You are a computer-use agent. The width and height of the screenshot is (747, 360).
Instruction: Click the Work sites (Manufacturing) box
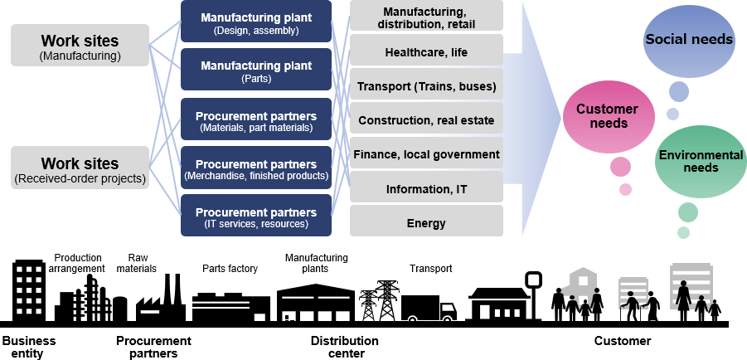(x=80, y=46)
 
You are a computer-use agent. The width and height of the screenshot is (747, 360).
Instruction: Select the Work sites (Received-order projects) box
(x=80, y=168)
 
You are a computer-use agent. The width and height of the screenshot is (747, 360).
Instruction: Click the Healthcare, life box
(x=426, y=53)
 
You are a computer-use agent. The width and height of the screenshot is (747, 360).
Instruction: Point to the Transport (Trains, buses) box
(x=426, y=86)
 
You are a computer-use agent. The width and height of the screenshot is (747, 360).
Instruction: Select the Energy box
(x=426, y=222)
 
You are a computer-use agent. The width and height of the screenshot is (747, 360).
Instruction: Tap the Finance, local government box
(x=426, y=154)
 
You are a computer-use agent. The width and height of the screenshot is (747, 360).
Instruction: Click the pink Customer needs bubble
(x=606, y=116)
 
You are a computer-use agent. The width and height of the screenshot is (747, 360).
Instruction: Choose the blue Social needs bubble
(x=689, y=40)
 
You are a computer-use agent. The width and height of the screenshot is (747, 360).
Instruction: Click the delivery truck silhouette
(x=428, y=309)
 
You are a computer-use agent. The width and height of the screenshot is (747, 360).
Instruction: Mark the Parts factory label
(x=230, y=269)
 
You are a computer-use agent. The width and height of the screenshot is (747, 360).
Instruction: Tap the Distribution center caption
(x=344, y=347)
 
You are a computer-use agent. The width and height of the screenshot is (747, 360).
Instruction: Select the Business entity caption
(x=29, y=347)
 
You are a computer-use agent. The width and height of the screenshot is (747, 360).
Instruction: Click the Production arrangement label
(x=77, y=263)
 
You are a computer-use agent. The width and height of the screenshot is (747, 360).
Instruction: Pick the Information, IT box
(x=426, y=188)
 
